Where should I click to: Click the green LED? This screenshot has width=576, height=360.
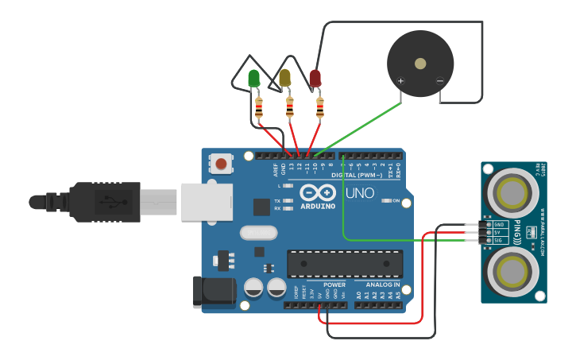pos(254,79)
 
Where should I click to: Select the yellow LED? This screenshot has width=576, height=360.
pos(285,78)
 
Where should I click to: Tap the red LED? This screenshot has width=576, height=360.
pos(315,78)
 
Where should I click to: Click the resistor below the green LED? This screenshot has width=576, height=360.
pos(258,107)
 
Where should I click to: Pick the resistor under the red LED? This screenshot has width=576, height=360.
pos(320,107)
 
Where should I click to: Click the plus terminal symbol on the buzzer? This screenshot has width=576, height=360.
pos(400,81)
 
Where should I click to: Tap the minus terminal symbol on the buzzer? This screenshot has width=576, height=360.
pos(439,81)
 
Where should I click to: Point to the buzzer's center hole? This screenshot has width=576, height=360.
pos(420,63)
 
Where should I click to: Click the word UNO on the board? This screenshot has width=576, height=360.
pos(359,193)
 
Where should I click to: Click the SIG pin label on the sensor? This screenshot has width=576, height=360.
pos(499,240)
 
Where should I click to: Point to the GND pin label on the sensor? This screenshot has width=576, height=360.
pos(499,225)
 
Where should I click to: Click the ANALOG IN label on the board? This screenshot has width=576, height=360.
pos(382,285)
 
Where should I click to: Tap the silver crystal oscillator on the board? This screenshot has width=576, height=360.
pos(257,233)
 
